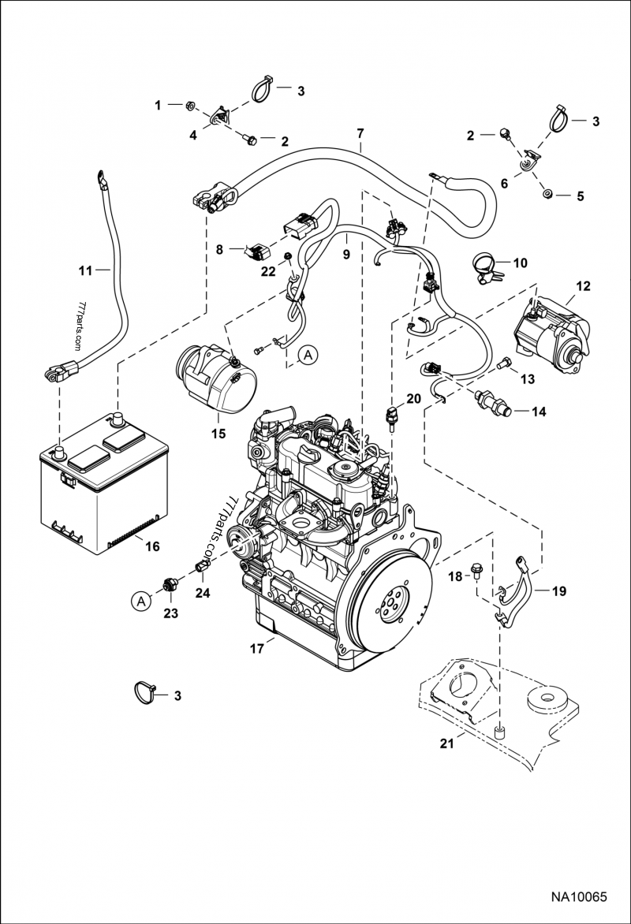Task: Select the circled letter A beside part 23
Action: [141, 602]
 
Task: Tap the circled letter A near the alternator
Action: [308, 355]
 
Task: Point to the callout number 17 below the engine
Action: [256, 650]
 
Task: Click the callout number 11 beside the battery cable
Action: [86, 270]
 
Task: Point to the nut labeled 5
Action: [545, 194]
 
